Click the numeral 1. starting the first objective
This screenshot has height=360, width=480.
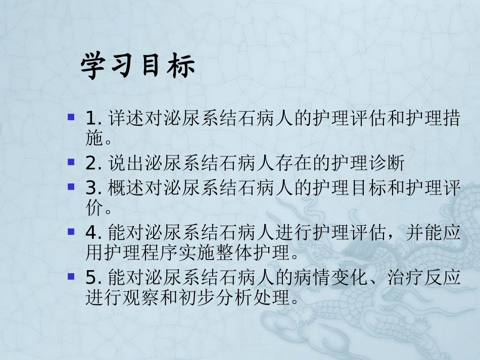[94, 119]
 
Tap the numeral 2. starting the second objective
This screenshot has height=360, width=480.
[94, 164]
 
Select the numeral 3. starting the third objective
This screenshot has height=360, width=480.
[94, 189]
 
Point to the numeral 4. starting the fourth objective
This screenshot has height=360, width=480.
[94, 233]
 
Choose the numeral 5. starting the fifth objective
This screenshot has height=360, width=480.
[94, 277]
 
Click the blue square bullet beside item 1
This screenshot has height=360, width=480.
[72, 118]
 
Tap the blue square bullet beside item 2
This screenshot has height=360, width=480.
[72, 162]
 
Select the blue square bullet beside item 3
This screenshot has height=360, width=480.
[72, 187]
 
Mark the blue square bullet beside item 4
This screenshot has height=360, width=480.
[72, 231]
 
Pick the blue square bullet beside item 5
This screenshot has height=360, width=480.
[72, 276]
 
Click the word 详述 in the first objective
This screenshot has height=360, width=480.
[120, 120]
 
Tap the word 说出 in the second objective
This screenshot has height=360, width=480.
[120, 164]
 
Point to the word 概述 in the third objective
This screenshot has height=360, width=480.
[120, 189]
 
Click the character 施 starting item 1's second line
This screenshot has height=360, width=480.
[93, 137]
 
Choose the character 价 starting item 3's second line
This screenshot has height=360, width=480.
[93, 207]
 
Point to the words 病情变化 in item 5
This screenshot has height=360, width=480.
[326, 277]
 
